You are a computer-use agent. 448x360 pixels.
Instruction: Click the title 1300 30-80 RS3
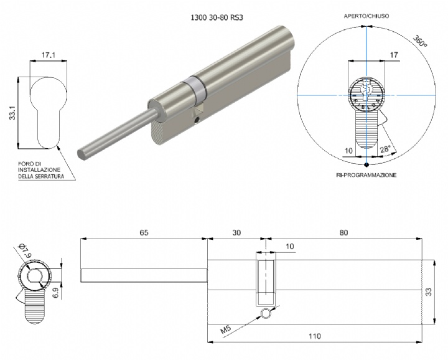coord(215,19)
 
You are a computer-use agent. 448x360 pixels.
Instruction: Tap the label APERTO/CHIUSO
coord(367,16)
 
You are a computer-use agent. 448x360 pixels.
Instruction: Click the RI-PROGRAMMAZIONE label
coord(366,176)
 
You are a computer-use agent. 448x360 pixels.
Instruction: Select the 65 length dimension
coord(144,232)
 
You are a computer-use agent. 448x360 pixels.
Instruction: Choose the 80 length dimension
coord(343,232)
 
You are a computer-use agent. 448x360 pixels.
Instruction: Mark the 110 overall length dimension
coord(314,336)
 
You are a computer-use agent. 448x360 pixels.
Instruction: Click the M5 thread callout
coord(226,326)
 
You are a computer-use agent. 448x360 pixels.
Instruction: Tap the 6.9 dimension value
coord(55,291)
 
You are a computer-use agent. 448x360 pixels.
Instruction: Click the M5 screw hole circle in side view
coord(266,315)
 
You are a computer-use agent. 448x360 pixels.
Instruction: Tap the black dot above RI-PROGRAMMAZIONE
coord(366,165)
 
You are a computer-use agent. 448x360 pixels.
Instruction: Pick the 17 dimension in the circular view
coord(393,55)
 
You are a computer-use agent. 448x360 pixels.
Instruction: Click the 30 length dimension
coord(236,232)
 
